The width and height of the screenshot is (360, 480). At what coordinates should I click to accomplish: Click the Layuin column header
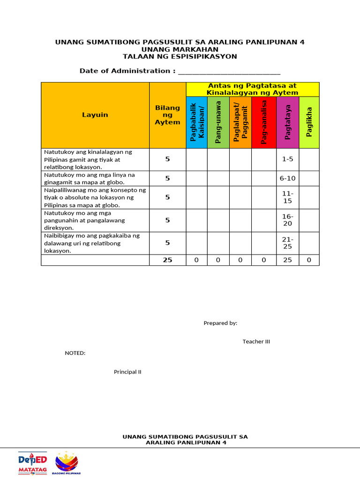[95, 115]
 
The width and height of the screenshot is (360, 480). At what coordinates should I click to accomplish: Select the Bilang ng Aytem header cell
[167, 115]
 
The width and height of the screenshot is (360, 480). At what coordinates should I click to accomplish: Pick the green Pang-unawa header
[218, 123]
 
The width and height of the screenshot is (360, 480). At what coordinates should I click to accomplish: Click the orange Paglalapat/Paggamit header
[240, 123]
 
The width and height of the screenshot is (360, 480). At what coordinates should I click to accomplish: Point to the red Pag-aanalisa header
[264, 123]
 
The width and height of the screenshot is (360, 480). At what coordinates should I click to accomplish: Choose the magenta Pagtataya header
[288, 123]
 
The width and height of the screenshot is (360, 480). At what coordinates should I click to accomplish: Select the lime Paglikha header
[309, 123]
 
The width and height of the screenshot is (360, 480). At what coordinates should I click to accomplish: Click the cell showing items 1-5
[288, 159]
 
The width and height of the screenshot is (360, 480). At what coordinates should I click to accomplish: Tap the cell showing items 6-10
[288, 178]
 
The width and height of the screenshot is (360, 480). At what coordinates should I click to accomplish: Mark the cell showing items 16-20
[288, 220]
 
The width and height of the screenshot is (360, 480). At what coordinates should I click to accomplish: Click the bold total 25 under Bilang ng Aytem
[167, 260]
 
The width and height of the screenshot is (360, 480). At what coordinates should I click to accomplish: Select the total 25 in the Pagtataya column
[288, 260]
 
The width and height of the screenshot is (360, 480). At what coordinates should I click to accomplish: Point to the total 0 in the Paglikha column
[309, 260]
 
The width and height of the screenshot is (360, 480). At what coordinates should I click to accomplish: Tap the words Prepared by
[220, 323]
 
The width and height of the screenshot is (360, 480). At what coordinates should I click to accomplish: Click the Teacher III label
[256, 342]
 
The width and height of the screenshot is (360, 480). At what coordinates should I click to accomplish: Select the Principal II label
[127, 372]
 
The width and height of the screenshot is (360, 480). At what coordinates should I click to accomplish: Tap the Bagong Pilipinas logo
[67, 463]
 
